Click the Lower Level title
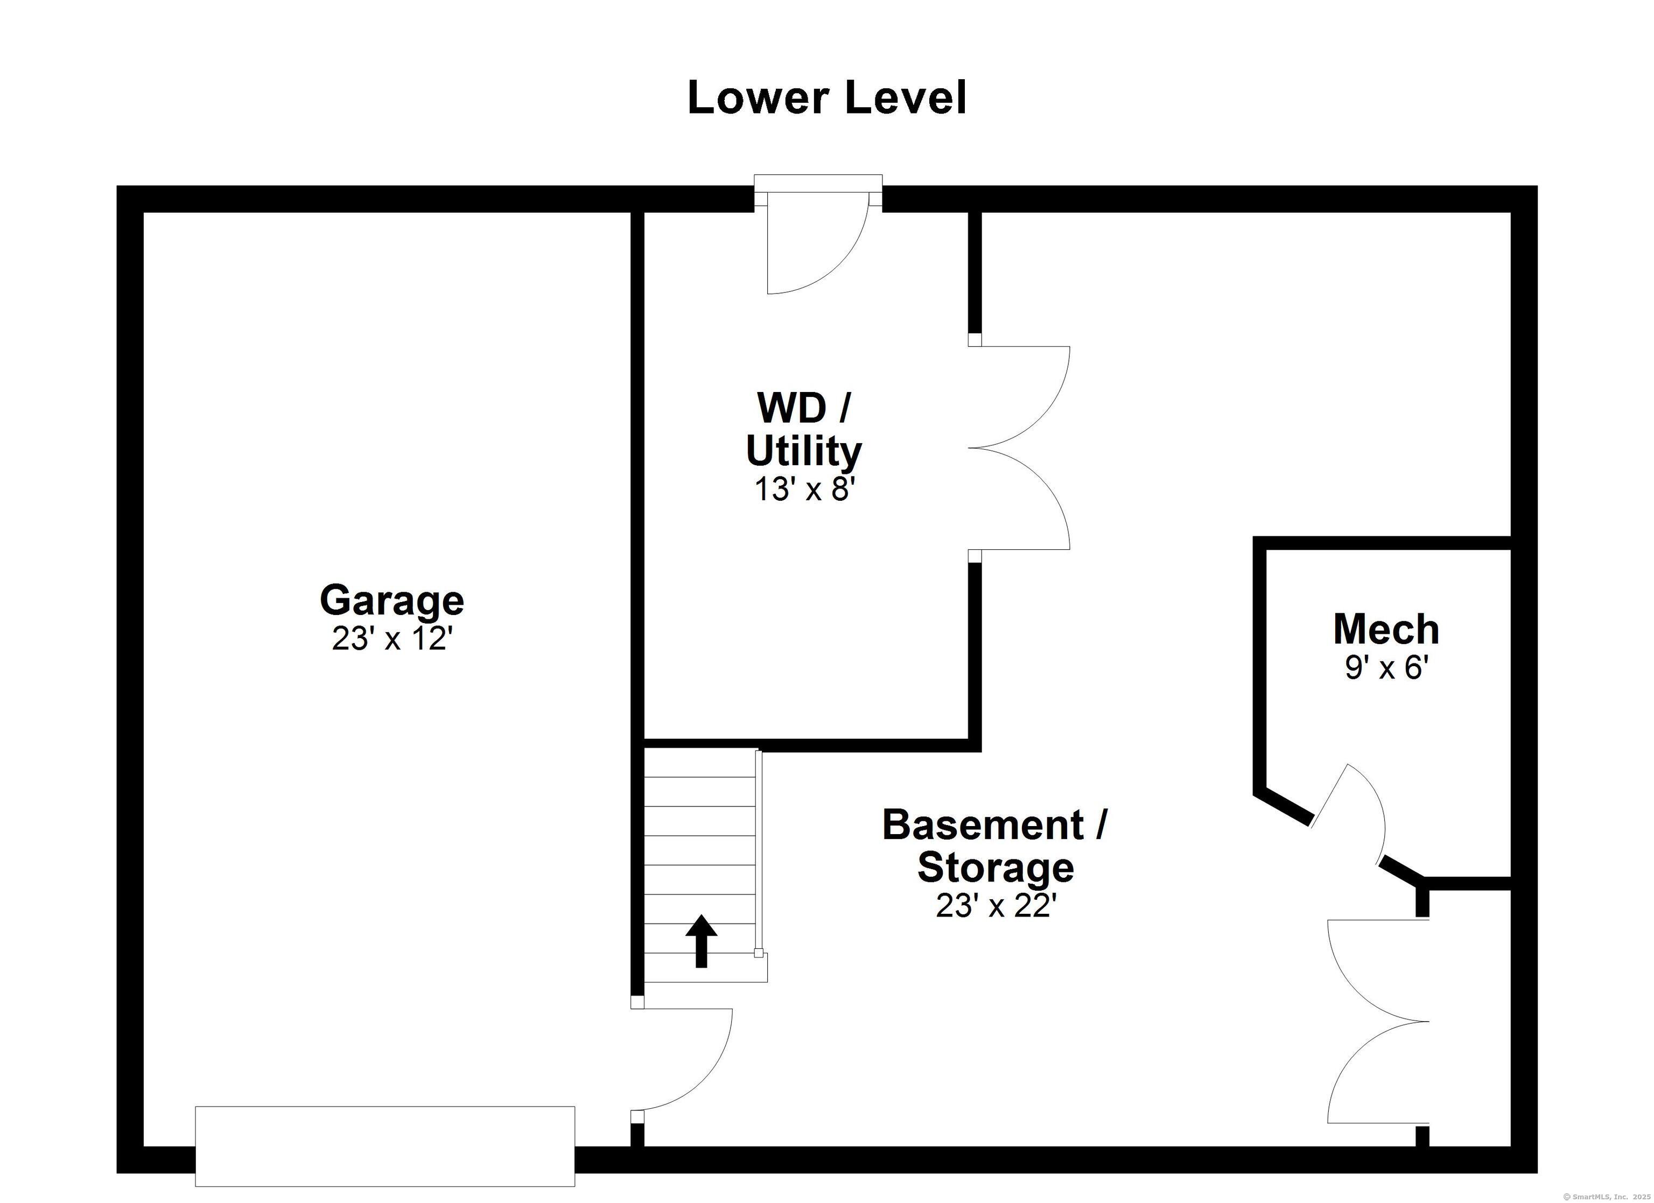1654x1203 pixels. (827, 98)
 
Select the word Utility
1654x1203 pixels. (804, 452)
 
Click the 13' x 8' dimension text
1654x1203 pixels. (804, 489)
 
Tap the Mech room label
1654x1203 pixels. (1386, 629)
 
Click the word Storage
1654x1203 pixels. (996, 868)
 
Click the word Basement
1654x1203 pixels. (983, 824)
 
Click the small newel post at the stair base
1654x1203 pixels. (759, 953)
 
